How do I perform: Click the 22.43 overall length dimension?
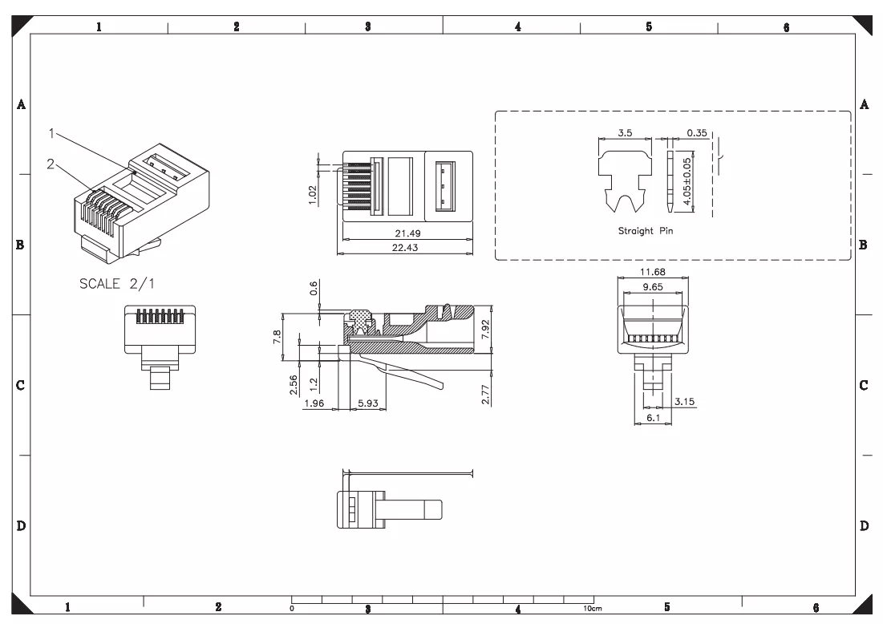(405, 247)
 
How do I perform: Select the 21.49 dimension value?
(407, 233)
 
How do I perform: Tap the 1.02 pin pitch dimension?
(313, 195)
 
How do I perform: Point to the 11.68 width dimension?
(652, 271)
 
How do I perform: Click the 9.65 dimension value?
(653, 286)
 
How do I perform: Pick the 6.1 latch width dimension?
(653, 418)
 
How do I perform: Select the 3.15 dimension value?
(684, 402)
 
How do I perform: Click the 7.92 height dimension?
(485, 330)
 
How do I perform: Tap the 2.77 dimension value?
(485, 395)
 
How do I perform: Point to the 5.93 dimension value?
(368, 403)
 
